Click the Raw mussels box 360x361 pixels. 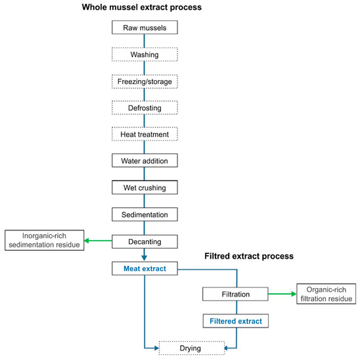click(x=144, y=28)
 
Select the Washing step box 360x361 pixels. click(x=144, y=55)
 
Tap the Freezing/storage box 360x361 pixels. click(x=144, y=82)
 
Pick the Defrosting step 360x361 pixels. click(x=144, y=108)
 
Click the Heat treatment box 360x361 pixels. click(x=144, y=135)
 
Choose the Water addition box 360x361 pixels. click(x=144, y=161)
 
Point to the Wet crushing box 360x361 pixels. click(x=144, y=188)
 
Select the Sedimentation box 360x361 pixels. click(x=144, y=215)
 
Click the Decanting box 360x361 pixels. click(x=144, y=241)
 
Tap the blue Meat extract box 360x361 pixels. click(x=144, y=268)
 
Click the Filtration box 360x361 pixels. click(x=235, y=294)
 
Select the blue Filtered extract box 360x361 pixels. click(x=235, y=321)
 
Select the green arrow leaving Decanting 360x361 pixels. click(x=99, y=241)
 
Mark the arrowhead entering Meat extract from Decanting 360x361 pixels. click(x=144, y=259)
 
